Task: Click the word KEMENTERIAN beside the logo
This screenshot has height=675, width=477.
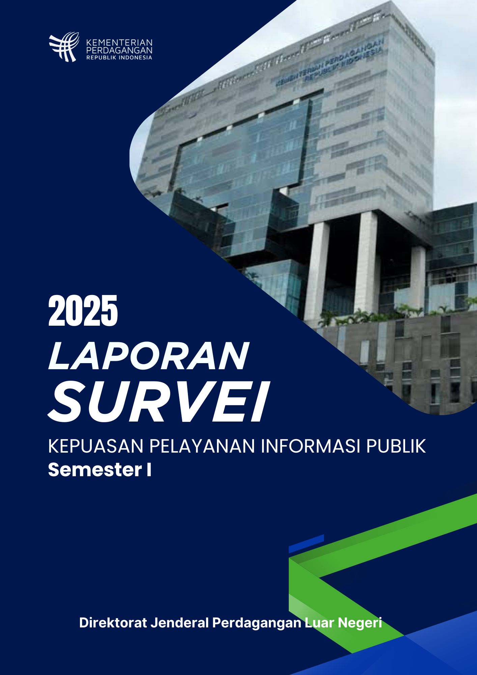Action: (x=119, y=43)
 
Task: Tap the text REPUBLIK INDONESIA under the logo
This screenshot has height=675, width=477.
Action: (x=119, y=57)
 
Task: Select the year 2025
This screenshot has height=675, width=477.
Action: (x=83, y=310)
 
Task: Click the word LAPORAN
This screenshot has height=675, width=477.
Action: (x=148, y=356)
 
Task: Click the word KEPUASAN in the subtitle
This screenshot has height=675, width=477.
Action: (x=96, y=446)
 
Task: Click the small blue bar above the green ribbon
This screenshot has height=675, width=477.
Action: (x=306, y=544)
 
